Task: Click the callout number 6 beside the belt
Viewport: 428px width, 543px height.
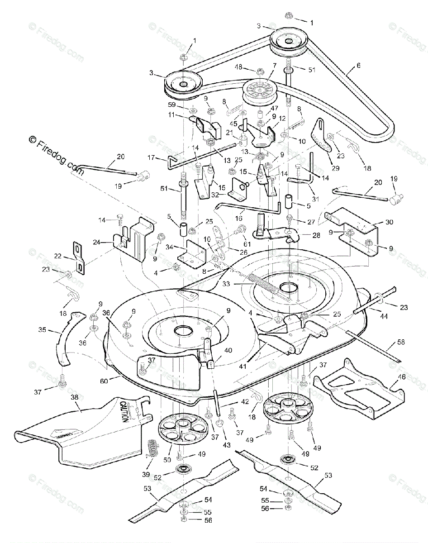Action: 358,65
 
